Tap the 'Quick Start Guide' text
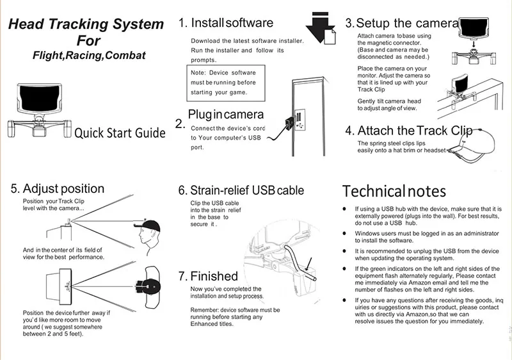click(120, 133)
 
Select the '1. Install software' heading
click(225, 24)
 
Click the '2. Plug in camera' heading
click(220, 116)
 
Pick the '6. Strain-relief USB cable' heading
click(241, 190)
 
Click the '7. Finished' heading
click(207, 277)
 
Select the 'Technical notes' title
click(394, 191)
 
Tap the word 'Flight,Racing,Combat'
click(89, 56)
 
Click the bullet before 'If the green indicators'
click(344, 269)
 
